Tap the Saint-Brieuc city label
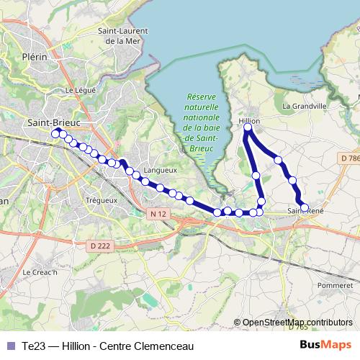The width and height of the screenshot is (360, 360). coord(53,122)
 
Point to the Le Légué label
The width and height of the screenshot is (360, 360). coord(80,91)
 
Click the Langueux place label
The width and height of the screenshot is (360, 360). coord(161,170)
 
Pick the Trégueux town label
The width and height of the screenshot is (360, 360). coord(101,199)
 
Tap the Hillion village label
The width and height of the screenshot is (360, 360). coord(248,120)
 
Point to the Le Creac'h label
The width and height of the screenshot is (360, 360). coord(37,272)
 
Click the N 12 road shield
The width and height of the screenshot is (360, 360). coord(159,214)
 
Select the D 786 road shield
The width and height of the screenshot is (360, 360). coord(349,158)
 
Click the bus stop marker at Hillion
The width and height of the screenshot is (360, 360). coord(248,128)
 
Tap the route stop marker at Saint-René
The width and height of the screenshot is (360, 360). coord(304,207)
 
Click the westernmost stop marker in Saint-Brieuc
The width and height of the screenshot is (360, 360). coord(55,132)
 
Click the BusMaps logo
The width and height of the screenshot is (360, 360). coord(325,346)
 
